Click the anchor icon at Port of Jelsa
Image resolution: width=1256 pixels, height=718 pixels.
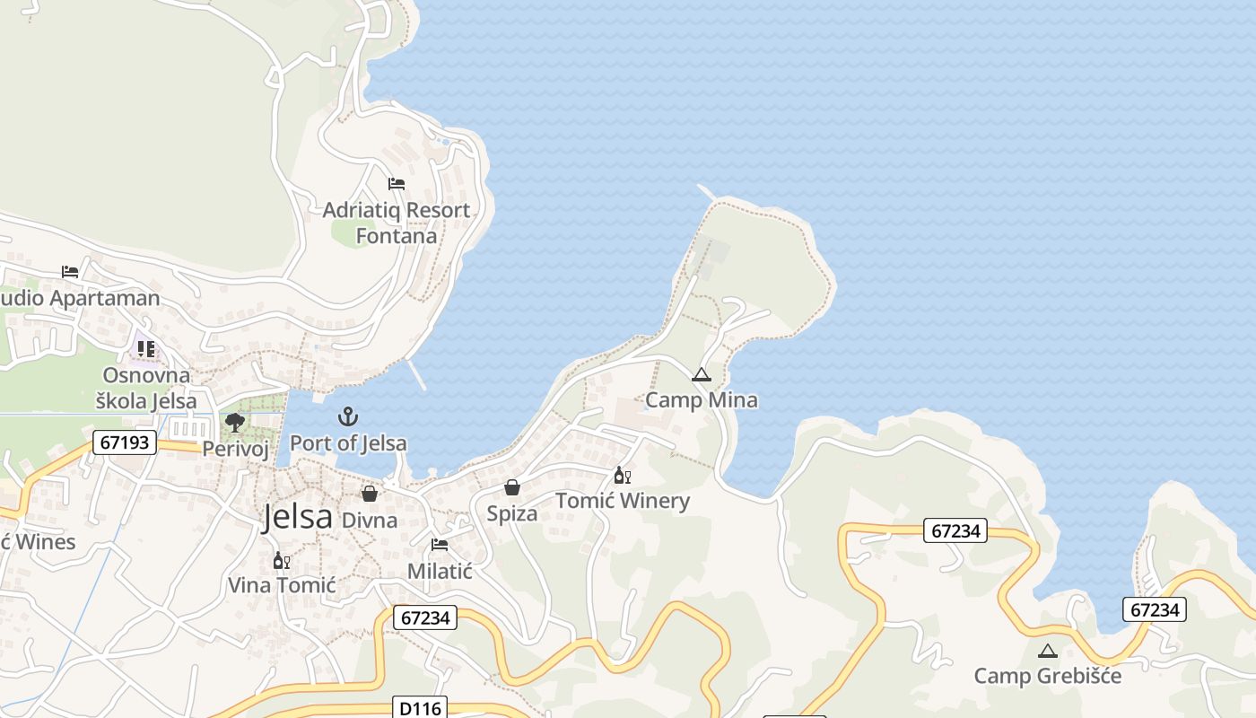tap(347, 416)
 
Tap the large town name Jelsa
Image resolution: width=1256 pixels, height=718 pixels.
tap(297, 518)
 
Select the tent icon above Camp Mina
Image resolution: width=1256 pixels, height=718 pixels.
tap(702, 375)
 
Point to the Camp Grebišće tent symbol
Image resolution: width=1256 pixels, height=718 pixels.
tap(1047, 651)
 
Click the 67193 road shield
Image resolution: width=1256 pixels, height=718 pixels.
tap(124, 442)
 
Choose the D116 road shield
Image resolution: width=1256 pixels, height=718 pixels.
tap(420, 708)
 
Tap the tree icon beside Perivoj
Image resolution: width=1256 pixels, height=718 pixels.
tap(235, 422)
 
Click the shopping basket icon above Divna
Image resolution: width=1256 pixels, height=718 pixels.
tap(370, 494)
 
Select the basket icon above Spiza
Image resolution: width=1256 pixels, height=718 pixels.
tap(512, 487)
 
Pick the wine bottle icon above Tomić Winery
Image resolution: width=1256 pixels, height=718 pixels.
tap(622, 476)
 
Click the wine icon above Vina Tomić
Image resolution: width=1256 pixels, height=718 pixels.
tap(282, 561)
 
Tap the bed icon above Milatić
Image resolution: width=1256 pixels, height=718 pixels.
tap(440, 545)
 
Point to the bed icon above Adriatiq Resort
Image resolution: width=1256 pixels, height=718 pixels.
tap(397, 184)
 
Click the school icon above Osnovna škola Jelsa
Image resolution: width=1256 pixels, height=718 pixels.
tap(145, 348)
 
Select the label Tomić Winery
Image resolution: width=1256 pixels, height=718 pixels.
tap(623, 501)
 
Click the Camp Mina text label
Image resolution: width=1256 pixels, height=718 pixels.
tap(702, 400)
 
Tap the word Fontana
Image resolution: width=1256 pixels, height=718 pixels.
tap(397, 236)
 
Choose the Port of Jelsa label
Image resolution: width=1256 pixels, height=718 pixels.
tap(348, 443)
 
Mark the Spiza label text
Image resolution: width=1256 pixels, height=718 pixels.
tap(512, 513)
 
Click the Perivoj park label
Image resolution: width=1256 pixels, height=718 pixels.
tap(235, 449)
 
